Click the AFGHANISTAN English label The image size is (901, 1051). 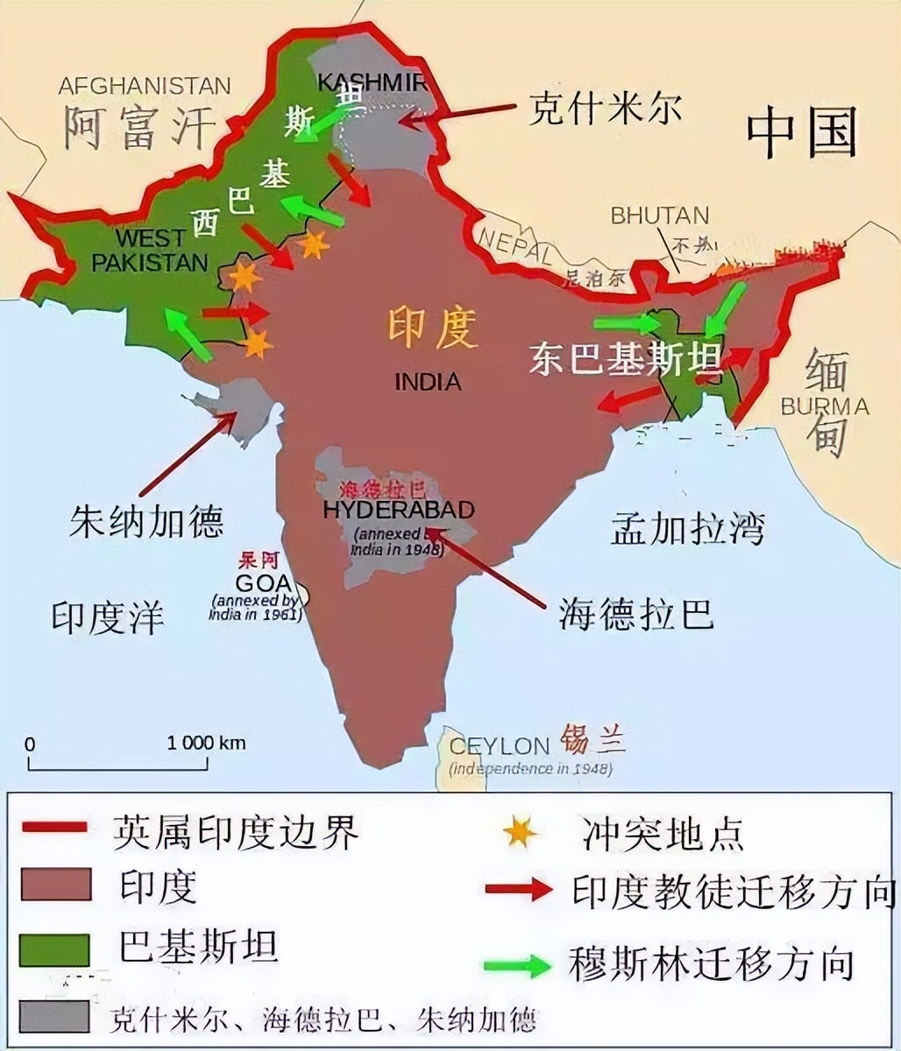click(x=145, y=86)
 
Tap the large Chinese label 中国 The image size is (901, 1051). click(x=801, y=136)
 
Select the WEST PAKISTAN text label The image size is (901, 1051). click(x=150, y=250)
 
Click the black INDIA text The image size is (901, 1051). click(x=428, y=382)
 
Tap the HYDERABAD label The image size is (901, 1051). click(x=399, y=510)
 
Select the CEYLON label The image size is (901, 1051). click(x=498, y=746)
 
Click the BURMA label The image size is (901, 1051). click(x=824, y=406)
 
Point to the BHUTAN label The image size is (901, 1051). click(x=659, y=215)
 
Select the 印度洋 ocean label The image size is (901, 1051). click(x=107, y=617)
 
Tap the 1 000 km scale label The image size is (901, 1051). click(x=207, y=743)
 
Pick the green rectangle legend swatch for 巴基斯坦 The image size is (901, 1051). click(x=54, y=949)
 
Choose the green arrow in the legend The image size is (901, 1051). click(x=517, y=965)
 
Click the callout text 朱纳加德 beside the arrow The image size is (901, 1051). click(x=146, y=521)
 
